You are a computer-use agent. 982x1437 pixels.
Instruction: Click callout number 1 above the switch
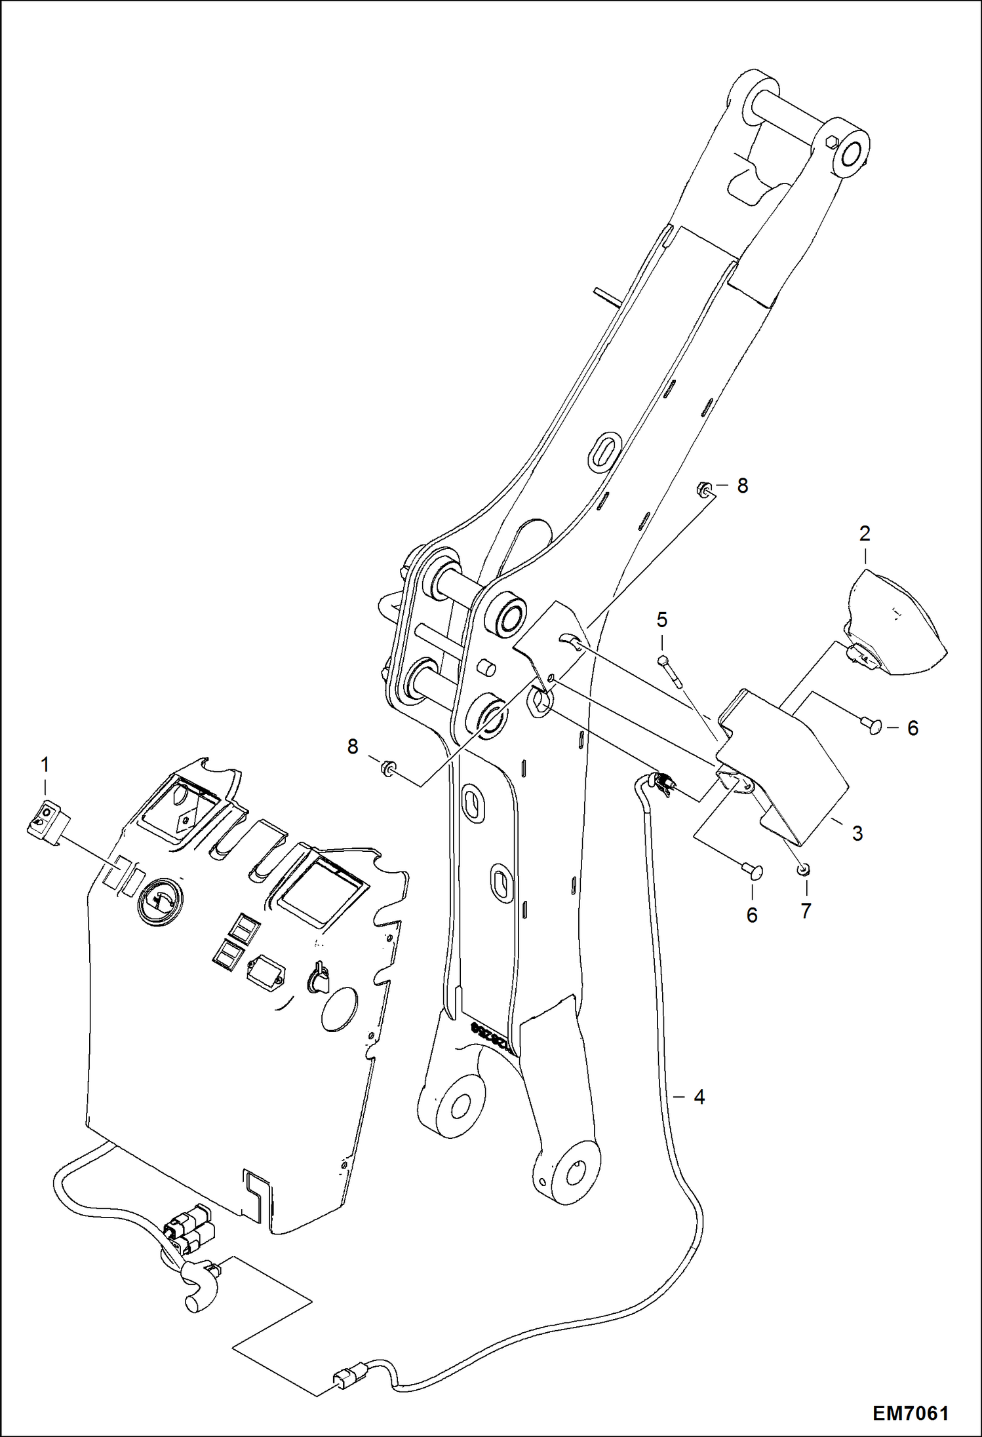click(x=45, y=764)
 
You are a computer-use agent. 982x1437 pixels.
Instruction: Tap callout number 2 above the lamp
click(x=864, y=533)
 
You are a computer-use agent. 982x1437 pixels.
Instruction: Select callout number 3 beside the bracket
click(x=857, y=833)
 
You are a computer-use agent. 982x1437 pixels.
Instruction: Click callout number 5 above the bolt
click(x=662, y=619)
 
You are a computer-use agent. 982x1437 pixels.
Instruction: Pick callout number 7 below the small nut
click(x=806, y=911)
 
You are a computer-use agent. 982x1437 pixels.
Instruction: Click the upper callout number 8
click(x=742, y=486)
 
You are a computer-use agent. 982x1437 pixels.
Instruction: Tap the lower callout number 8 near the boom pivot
click(x=353, y=746)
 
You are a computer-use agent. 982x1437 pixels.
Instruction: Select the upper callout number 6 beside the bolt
click(x=913, y=728)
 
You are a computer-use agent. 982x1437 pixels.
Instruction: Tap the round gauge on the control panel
click(x=160, y=902)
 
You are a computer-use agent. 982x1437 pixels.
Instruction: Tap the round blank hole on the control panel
click(x=339, y=1010)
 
